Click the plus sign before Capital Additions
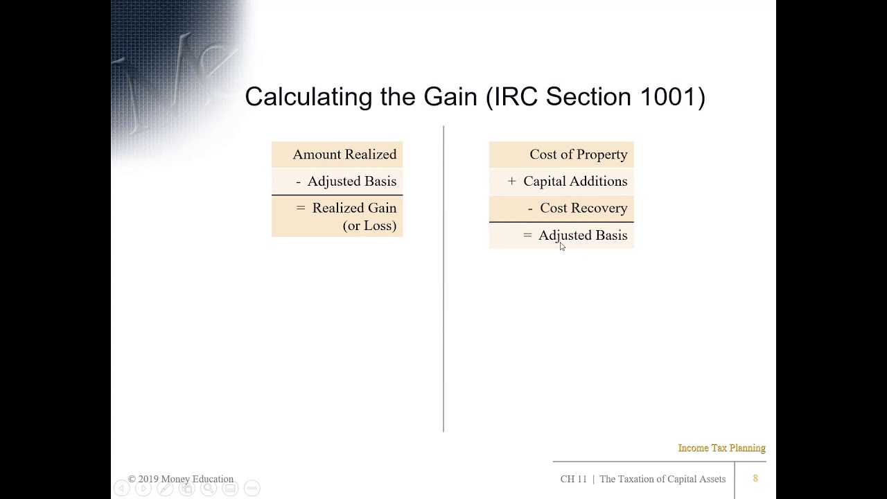[512, 182]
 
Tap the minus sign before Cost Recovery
[530, 209]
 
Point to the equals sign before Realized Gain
[300, 208]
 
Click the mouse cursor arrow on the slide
[562, 246]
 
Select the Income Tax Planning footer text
[721, 448]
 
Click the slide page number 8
[755, 478]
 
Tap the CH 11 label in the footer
[573, 479]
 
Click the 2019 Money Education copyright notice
[181, 479]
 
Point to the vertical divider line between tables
[443, 277]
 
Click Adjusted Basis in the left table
[351, 182]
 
